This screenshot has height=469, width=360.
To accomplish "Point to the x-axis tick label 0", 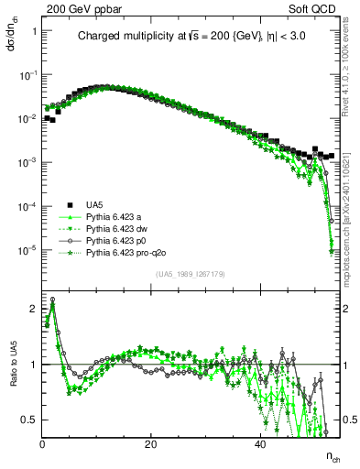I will [x=43, y=443].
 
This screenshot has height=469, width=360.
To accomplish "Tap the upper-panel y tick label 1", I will [x=34, y=31].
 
